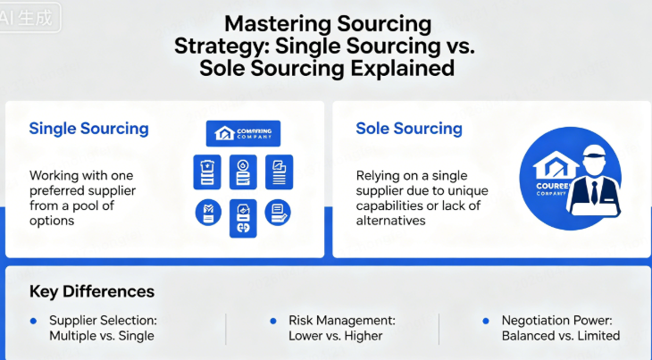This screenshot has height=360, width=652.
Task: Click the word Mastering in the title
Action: point(268,23)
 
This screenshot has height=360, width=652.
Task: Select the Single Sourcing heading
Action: point(88,128)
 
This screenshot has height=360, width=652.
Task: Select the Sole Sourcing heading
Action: point(409,128)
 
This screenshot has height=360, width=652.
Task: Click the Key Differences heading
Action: point(91,291)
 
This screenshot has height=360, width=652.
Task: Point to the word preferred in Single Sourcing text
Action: point(59,190)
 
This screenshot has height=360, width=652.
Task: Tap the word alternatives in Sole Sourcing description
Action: point(391,221)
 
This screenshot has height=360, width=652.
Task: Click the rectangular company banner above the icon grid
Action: point(243,134)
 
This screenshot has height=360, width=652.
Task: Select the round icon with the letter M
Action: point(207,212)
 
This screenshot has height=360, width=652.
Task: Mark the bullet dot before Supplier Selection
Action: point(34,320)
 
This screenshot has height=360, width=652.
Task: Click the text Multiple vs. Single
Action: point(101,336)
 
